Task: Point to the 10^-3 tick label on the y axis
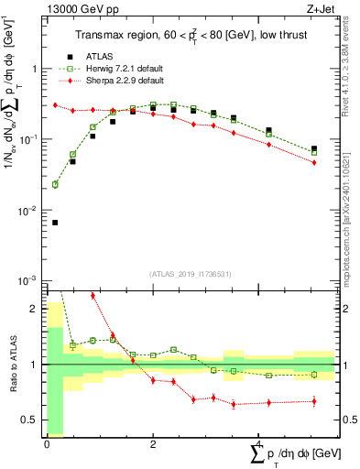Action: tap(27, 279)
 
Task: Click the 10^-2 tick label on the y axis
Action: tap(27, 210)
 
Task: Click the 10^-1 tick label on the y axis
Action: tap(27, 139)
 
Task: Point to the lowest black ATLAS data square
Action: tap(55, 223)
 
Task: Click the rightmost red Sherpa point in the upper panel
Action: tap(314, 163)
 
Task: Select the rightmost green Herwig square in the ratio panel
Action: tap(314, 375)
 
